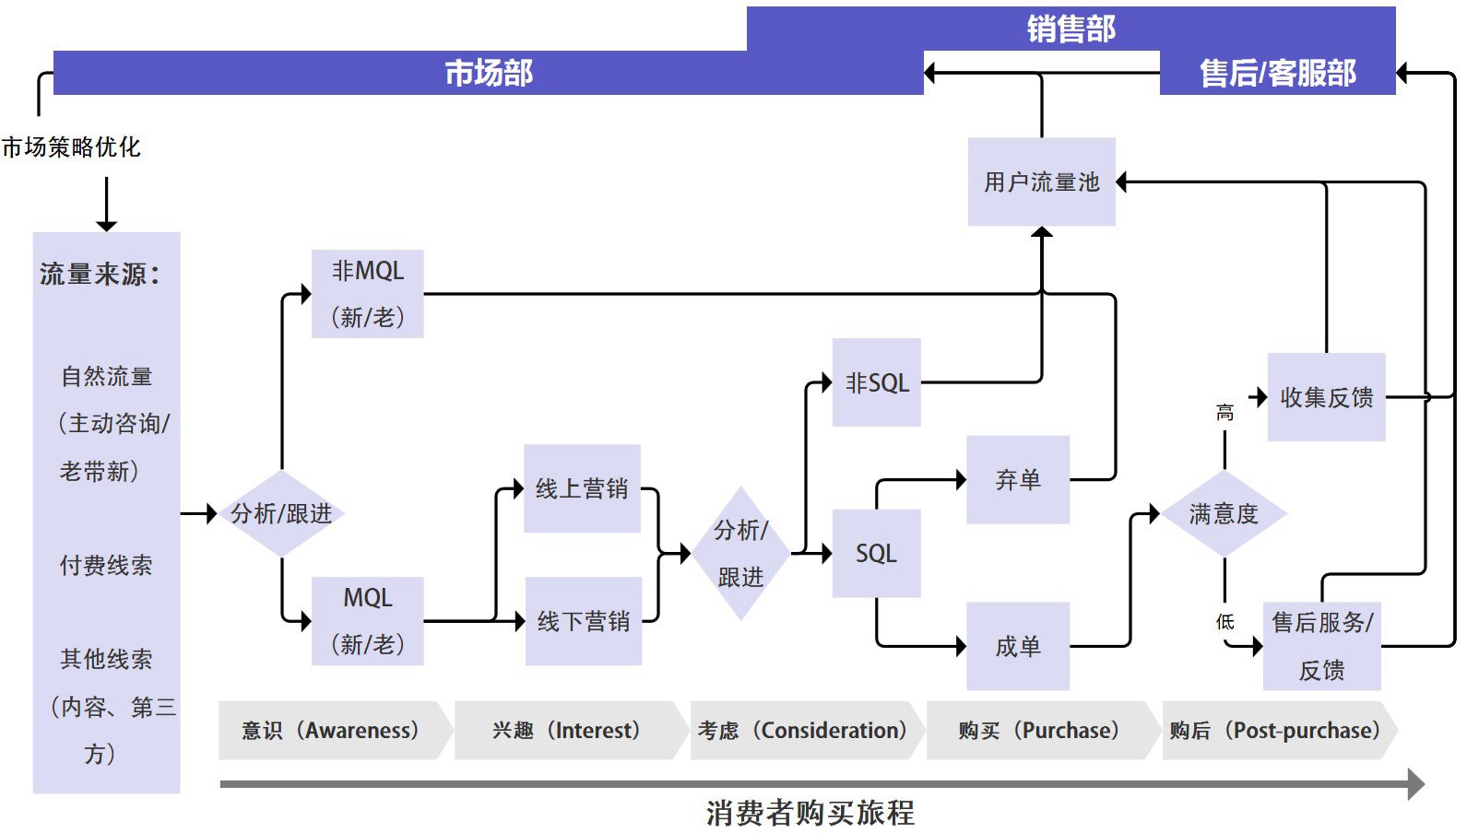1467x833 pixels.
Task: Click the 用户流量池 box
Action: [x=1041, y=182]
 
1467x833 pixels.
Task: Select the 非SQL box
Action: [x=876, y=382]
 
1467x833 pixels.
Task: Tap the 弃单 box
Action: [x=1017, y=479]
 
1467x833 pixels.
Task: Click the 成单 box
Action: [x=1017, y=646]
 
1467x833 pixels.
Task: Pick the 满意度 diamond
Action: [x=1224, y=513]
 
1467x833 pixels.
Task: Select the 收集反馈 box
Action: [x=1326, y=397]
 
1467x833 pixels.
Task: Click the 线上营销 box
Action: [x=582, y=488]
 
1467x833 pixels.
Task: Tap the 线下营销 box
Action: [x=584, y=621]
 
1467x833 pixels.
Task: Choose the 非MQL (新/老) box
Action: [x=367, y=294]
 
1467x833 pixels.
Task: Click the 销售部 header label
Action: [x=1071, y=29]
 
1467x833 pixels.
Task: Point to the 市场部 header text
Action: [x=489, y=73]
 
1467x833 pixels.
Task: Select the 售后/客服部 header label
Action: [x=1277, y=73]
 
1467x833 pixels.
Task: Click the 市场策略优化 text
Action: [x=71, y=147]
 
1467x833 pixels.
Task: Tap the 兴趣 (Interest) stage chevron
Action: [x=566, y=730]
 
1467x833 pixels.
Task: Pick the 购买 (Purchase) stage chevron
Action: [x=1038, y=730]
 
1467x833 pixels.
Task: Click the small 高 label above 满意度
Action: [x=1224, y=412]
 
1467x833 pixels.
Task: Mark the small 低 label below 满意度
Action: [x=1224, y=622]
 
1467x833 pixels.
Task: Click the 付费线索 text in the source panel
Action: [x=106, y=565]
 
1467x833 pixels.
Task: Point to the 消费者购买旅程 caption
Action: [x=810, y=813]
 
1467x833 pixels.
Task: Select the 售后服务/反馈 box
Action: [x=1321, y=646]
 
